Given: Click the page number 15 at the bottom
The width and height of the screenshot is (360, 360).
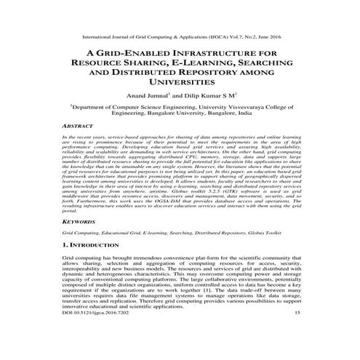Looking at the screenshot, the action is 297,331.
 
